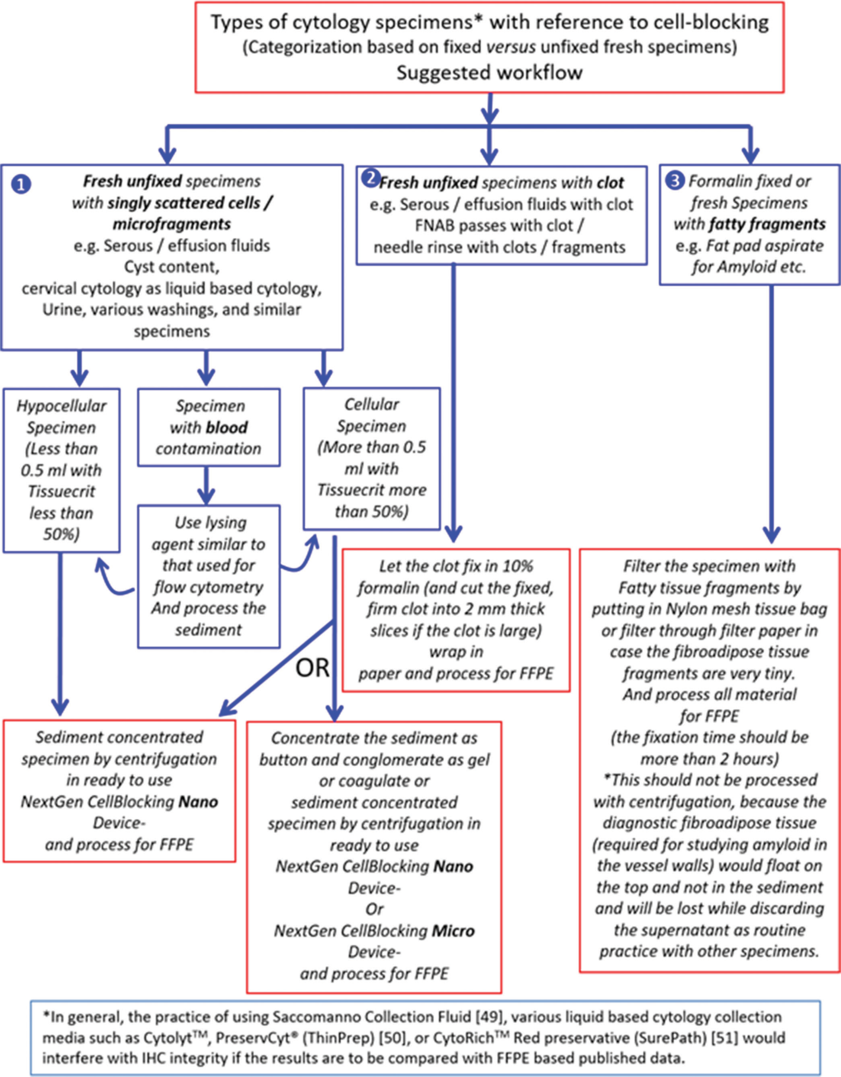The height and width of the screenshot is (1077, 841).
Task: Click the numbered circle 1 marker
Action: (22, 184)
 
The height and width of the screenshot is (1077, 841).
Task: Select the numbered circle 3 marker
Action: (675, 182)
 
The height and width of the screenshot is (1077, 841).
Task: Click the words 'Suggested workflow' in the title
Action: (490, 73)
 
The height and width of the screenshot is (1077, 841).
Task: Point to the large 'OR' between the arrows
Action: (312, 668)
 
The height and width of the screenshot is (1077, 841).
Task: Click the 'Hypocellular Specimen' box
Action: (62, 470)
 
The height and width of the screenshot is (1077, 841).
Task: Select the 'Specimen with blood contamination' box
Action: (209, 427)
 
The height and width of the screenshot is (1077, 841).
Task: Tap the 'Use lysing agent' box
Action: (209, 576)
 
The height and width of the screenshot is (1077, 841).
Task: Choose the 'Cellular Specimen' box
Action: (371, 459)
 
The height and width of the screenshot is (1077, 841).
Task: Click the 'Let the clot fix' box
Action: (456, 620)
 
